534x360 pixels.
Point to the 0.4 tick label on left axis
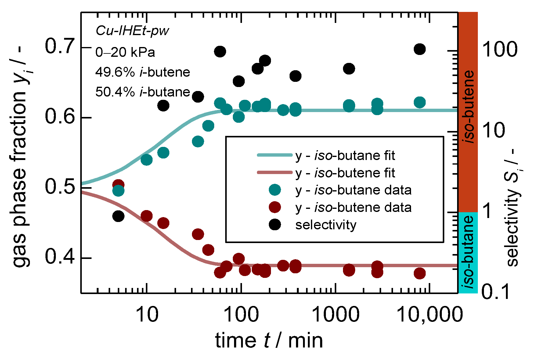point(60,257)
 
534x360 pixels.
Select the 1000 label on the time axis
point(336,315)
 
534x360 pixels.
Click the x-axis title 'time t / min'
point(269,341)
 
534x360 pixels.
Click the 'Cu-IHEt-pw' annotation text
point(132,31)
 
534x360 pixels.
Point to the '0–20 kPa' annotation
point(125,52)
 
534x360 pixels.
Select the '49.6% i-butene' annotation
point(143,72)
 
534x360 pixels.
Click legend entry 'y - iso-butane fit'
point(345,156)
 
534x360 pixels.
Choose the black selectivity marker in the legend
point(275,225)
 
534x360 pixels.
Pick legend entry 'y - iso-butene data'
point(353,208)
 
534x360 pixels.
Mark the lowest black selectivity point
point(118,216)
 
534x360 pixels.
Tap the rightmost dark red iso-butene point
point(420,273)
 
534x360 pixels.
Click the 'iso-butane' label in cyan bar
point(468,252)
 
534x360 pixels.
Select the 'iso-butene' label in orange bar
point(468,107)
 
